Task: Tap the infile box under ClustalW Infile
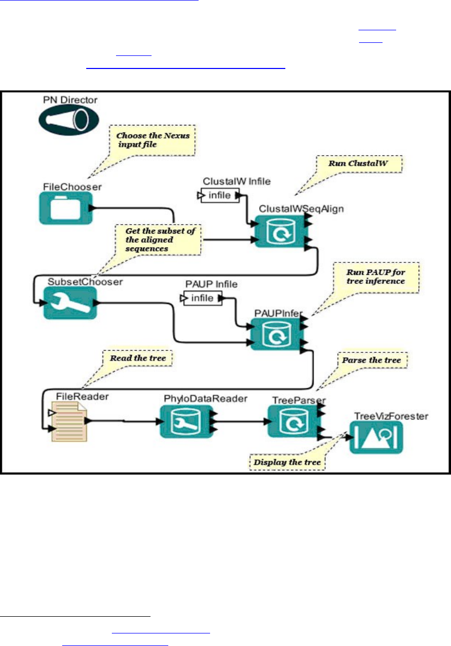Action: (x=218, y=195)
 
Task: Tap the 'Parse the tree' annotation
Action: (x=371, y=361)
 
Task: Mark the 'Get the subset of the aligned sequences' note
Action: (x=158, y=239)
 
